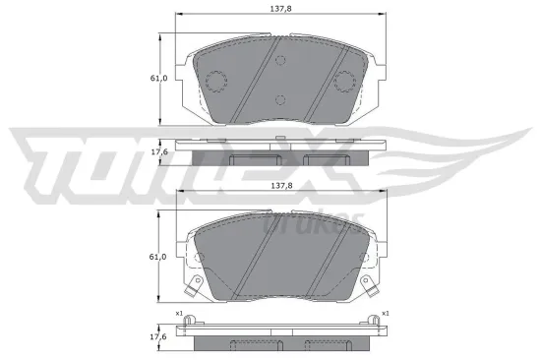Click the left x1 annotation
178,314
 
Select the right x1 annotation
384,314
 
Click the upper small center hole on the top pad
280,61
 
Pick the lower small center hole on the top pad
280,99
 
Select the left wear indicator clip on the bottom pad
195,286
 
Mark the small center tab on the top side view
280,137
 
